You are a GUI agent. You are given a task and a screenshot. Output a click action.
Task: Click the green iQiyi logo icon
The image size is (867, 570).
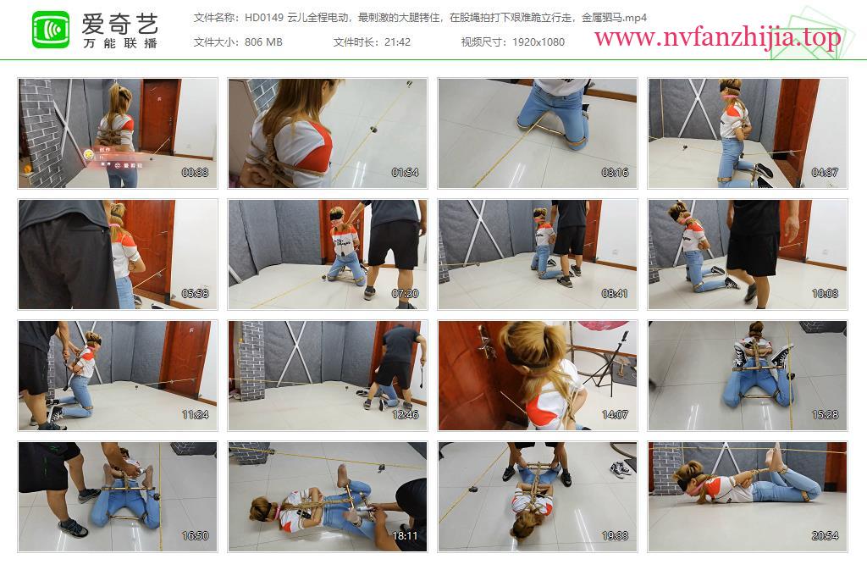click(x=51, y=30)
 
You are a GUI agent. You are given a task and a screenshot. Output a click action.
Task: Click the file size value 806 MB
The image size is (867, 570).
click(x=263, y=42)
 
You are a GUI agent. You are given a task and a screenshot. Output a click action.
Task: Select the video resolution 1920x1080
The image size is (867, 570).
click(x=538, y=42)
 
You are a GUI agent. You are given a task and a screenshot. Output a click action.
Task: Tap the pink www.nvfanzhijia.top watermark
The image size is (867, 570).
click(x=717, y=37)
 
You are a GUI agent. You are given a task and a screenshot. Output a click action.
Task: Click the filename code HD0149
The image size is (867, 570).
click(x=264, y=18)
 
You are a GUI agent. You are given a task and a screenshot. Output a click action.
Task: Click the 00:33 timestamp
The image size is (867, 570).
click(x=196, y=173)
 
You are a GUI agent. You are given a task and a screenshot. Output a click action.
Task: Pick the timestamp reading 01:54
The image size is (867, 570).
click(x=406, y=173)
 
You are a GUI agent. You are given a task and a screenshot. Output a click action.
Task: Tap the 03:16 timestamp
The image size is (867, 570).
click(x=615, y=173)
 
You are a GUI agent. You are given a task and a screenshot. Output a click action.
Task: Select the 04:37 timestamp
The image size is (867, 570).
click(x=825, y=173)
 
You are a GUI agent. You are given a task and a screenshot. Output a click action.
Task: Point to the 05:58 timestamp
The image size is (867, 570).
click(x=196, y=294)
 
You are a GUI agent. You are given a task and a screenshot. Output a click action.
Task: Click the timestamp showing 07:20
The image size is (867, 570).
click(x=406, y=294)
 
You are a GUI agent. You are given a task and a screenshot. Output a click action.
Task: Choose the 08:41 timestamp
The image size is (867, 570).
click(x=615, y=294)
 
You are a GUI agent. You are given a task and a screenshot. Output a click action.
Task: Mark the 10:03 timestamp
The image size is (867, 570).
click(x=825, y=294)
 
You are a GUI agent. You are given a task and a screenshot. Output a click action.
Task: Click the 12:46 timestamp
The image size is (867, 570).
click(x=406, y=415)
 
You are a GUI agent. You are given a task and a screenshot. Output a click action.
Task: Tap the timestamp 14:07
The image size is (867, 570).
click(x=615, y=415)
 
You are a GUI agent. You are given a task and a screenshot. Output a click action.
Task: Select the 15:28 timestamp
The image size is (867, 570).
click(x=825, y=415)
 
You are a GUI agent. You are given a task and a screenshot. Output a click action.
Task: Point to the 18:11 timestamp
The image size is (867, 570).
click(x=406, y=536)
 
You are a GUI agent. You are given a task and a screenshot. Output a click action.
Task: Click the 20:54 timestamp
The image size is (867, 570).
click(x=825, y=536)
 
